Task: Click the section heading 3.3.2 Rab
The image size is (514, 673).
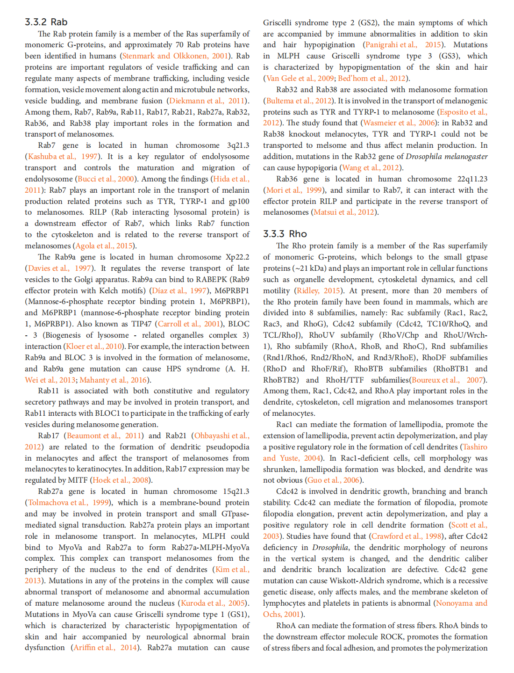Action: tap(46, 22)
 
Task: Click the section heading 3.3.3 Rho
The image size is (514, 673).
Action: tap(285, 234)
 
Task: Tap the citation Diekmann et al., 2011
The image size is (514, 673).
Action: tap(207, 101)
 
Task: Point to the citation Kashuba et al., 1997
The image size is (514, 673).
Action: tap(63, 157)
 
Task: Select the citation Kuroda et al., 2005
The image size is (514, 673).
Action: tap(214, 603)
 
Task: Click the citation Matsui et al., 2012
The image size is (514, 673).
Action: tap(344, 212)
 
